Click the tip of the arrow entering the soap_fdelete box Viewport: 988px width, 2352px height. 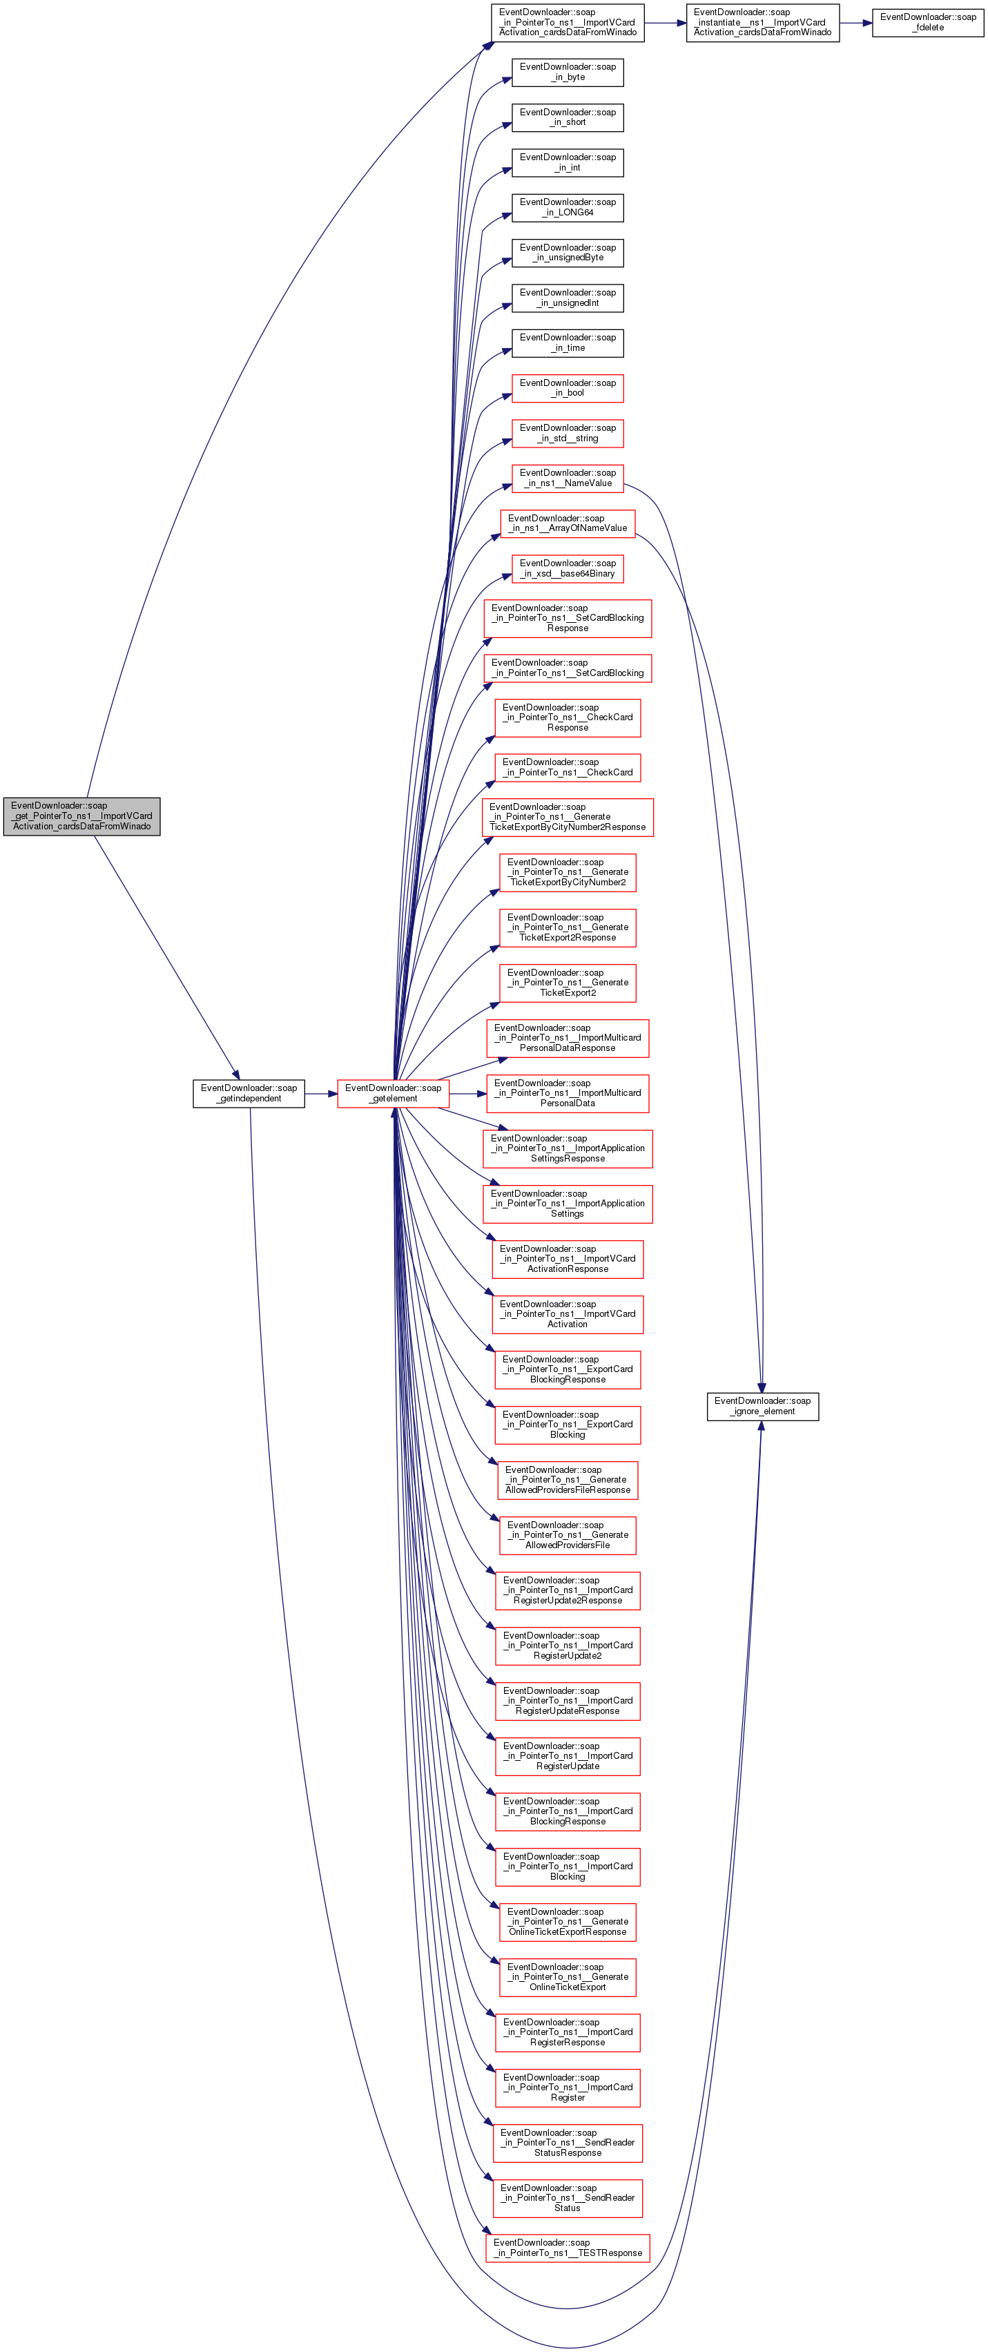[872, 23]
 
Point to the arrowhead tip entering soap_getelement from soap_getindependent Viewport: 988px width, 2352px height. [338, 1093]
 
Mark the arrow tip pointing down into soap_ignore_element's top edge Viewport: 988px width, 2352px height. [761, 1394]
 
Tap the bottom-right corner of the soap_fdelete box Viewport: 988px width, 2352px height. [985, 37]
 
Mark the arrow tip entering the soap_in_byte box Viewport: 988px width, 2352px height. [512, 79]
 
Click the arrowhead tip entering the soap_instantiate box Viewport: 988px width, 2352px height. [687, 23]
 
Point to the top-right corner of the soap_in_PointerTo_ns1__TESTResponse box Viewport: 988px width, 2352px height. [650, 2234]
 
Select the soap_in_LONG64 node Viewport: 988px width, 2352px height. [568, 207]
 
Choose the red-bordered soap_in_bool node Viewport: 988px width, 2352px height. [568, 388]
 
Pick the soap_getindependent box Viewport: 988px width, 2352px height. [249, 1093]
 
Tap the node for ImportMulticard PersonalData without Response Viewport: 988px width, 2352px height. [568, 1093]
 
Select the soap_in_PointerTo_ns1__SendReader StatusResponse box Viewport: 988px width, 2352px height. [568, 2143]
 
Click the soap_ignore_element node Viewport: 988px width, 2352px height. [762, 1406]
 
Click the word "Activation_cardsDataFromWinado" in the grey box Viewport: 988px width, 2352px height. [82, 827]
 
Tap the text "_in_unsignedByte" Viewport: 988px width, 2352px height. [568, 258]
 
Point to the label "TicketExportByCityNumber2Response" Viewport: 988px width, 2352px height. [568, 827]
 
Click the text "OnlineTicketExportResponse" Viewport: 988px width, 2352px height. [568, 1932]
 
